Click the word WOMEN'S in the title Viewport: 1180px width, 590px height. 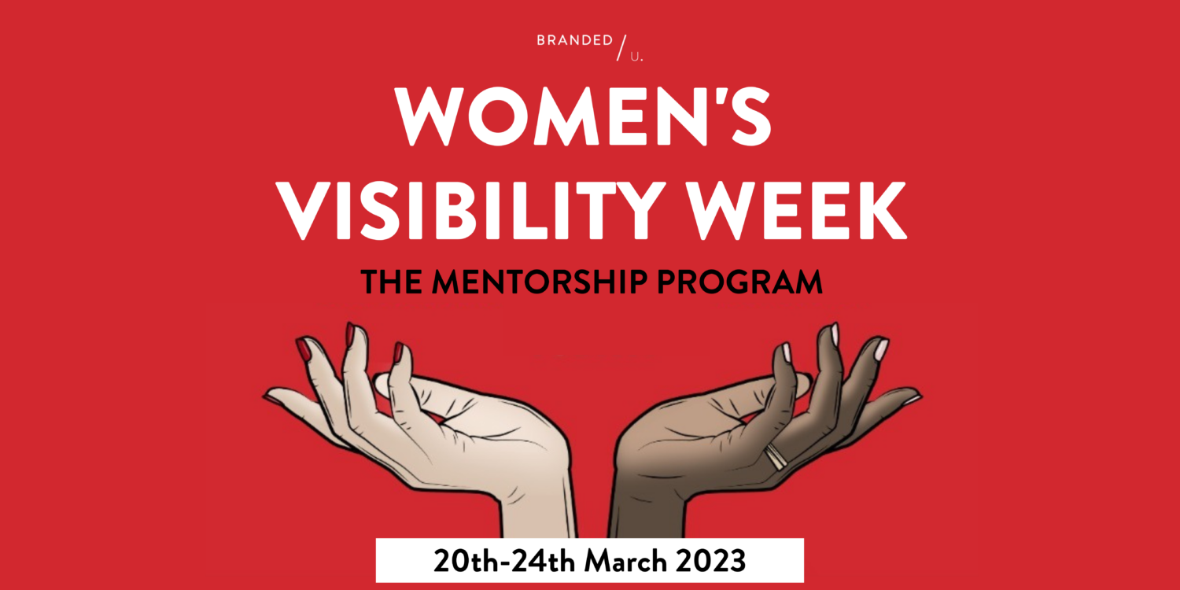coord(584,116)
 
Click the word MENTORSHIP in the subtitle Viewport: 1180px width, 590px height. coord(540,282)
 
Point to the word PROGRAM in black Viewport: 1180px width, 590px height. coord(739,282)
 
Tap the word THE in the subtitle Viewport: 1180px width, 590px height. coord(392,282)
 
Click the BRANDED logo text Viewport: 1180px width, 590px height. coord(575,41)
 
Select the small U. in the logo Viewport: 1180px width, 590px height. coord(637,57)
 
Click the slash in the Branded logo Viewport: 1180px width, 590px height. coord(622,48)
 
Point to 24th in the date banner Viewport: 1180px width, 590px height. coord(543,561)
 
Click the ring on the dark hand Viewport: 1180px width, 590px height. coord(776,455)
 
